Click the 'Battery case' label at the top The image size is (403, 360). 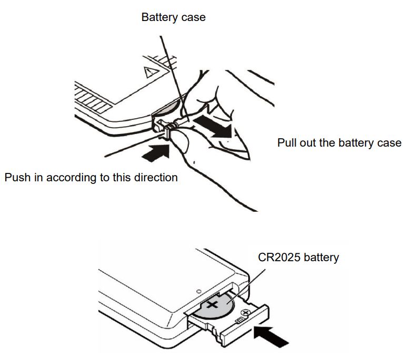point(174,17)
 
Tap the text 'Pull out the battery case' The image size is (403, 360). point(339,143)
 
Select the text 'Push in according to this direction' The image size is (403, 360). point(91,178)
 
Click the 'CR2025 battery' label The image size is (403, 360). point(298,258)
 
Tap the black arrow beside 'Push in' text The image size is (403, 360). point(156,152)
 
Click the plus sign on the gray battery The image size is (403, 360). point(213,305)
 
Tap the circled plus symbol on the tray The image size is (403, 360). point(246,313)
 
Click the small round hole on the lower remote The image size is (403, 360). point(199,292)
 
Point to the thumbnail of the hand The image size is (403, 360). point(180,140)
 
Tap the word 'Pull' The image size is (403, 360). point(287,143)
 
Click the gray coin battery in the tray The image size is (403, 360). point(215,307)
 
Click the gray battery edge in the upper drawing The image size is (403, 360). point(168,108)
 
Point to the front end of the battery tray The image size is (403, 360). point(245,326)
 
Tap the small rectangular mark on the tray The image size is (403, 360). point(239,320)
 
